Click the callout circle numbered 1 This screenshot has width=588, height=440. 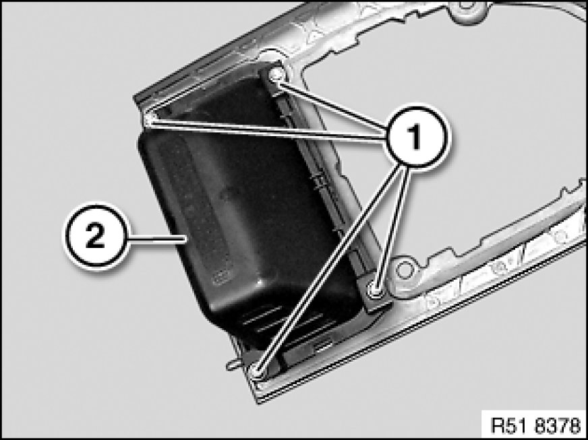point(417,136)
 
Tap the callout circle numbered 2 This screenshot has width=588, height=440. point(96,236)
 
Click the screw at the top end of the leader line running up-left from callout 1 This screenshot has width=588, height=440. point(276,75)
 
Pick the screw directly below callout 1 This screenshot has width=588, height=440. point(375,289)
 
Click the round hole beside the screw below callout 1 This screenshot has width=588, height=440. point(404,269)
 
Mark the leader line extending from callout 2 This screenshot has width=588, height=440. point(158,237)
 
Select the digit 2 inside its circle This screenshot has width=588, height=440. point(95,236)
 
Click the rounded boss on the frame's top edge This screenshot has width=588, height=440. point(467,7)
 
